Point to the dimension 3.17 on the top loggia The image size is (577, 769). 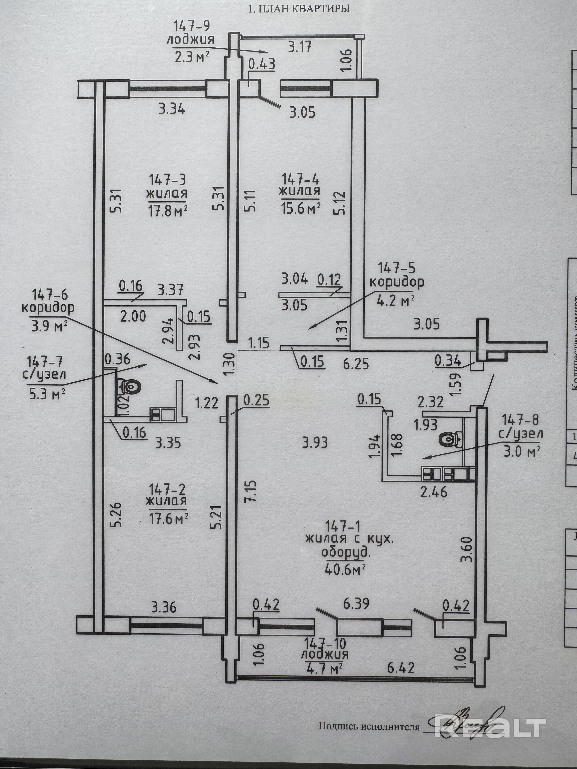[x=300, y=46]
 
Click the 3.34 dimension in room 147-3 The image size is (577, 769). [x=172, y=109]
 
